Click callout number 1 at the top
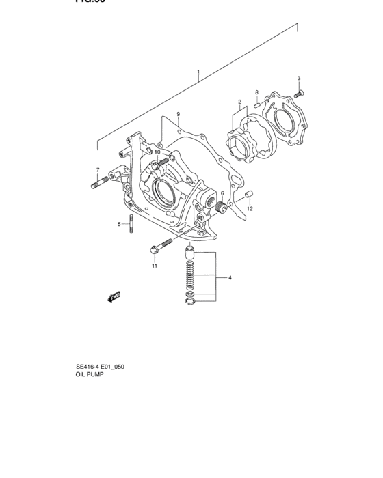198,72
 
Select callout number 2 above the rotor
240,102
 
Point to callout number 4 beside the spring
230,278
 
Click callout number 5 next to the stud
118,224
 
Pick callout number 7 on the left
98,170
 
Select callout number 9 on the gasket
177,113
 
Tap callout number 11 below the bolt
155,266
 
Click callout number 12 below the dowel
250,208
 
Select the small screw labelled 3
300,92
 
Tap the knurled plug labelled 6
220,206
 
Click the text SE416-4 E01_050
100,367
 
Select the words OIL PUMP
90,375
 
